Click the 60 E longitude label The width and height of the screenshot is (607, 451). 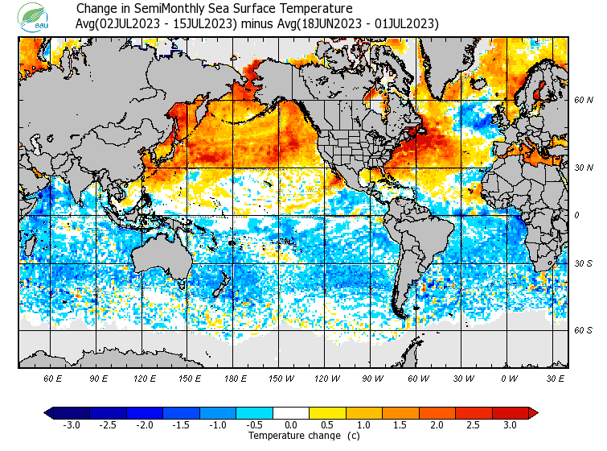click(53, 378)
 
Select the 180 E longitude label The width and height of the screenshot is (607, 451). click(236, 378)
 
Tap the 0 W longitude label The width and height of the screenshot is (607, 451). click(508, 378)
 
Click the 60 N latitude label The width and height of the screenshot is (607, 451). click(583, 101)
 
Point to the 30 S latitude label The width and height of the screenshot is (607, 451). click(583, 263)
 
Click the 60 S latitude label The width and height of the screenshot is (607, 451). click(583, 330)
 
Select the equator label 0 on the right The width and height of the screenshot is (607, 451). click(577, 215)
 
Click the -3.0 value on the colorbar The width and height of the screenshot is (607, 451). click(71, 424)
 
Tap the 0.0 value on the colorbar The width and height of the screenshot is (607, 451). click(292, 424)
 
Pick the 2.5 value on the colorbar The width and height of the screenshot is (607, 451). click(474, 424)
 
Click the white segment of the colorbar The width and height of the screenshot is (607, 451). click(292, 412)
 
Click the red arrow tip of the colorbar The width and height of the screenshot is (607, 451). click(533, 412)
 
